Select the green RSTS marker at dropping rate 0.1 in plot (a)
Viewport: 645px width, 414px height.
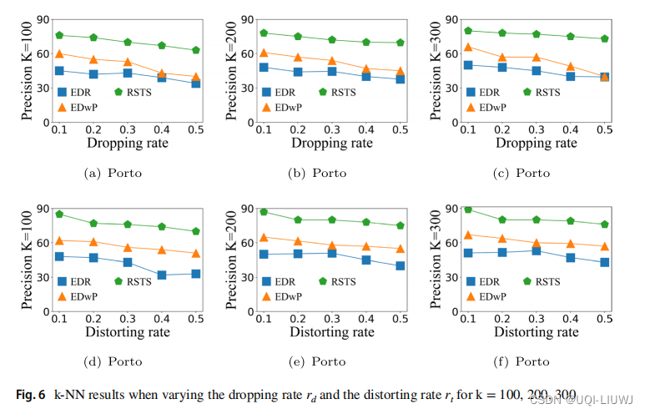pos(59,35)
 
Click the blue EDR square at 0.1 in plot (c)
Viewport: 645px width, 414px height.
pos(468,64)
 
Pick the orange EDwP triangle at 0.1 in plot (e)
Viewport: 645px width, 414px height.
pos(264,238)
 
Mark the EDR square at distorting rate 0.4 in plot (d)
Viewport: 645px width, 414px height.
pos(161,275)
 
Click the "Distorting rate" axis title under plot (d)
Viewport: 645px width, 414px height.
pos(128,332)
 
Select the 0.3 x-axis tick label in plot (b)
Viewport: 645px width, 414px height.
pos(331,132)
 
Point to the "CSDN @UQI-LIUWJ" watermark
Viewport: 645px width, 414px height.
pos(585,398)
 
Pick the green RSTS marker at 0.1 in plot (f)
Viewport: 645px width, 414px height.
pos(468,209)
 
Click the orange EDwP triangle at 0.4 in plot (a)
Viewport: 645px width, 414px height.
pos(161,74)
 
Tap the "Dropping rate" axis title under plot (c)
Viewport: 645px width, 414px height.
pos(537,144)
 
